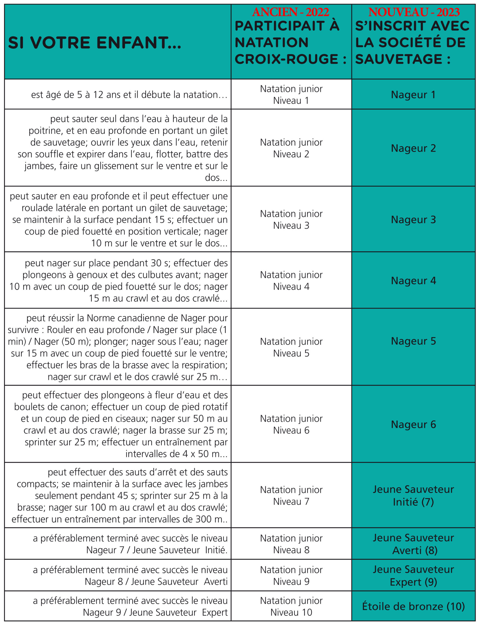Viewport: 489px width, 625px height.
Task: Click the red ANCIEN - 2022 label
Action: point(290,12)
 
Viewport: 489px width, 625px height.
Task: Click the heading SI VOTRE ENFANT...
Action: point(95,43)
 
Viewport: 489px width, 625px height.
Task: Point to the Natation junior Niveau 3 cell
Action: point(291,219)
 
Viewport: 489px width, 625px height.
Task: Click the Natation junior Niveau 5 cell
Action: point(291,347)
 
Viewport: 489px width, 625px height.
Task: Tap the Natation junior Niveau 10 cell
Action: point(291,606)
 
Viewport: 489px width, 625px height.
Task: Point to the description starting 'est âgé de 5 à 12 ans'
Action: point(129,95)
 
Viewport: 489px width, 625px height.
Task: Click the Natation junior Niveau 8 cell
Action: point(291,544)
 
